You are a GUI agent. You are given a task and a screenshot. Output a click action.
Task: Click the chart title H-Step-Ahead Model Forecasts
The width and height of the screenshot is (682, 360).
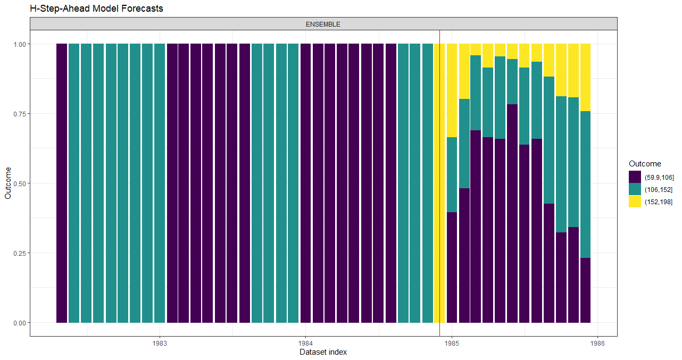(97, 9)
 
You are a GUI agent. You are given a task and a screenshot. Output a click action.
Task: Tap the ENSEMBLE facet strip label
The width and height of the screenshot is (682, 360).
(323, 24)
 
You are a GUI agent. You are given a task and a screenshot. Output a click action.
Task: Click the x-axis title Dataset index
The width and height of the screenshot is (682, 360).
(323, 352)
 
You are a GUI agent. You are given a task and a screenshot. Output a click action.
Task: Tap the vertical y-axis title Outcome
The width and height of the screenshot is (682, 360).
(7, 183)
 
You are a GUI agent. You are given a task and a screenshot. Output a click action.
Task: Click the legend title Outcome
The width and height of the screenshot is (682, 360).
(645, 164)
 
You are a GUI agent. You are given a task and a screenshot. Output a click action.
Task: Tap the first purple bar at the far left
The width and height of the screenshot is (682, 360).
(62, 183)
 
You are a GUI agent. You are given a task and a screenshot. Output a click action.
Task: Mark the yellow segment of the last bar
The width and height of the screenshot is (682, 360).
(585, 77)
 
